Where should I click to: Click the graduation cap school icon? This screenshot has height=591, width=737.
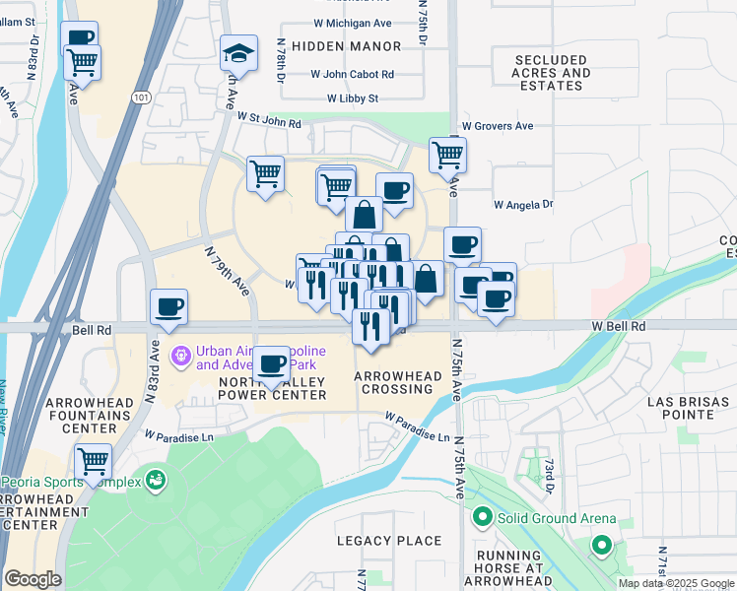coord(238,52)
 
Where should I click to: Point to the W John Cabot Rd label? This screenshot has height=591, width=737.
coord(353,74)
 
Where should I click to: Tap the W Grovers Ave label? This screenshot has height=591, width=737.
coord(498,126)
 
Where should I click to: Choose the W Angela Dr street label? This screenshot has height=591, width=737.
coord(523,205)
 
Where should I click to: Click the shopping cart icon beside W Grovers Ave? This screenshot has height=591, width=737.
coord(447,154)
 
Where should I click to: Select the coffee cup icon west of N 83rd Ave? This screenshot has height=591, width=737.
coord(168,306)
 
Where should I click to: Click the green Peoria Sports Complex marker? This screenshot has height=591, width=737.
coord(155,481)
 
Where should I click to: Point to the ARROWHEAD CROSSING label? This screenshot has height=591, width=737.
coord(393,382)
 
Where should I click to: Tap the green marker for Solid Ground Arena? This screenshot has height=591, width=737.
coord(482,516)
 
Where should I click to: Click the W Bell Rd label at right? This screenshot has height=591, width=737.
coord(619,325)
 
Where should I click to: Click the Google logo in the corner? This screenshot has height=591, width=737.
coord(33,579)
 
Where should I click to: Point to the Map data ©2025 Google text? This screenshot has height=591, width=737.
coord(675,583)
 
